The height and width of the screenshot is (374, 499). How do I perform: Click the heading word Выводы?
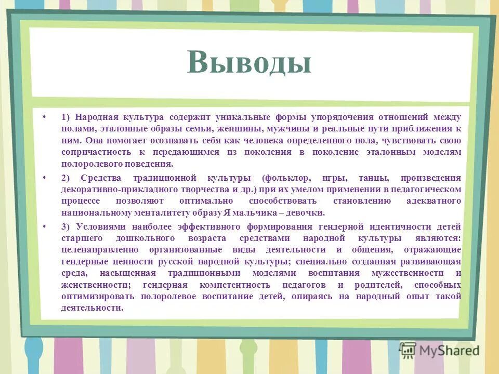click(249, 63)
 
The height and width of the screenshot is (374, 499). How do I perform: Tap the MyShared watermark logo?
click(439, 350)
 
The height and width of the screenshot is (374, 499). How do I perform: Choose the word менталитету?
click(165, 213)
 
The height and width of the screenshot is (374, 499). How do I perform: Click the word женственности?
click(92, 285)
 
